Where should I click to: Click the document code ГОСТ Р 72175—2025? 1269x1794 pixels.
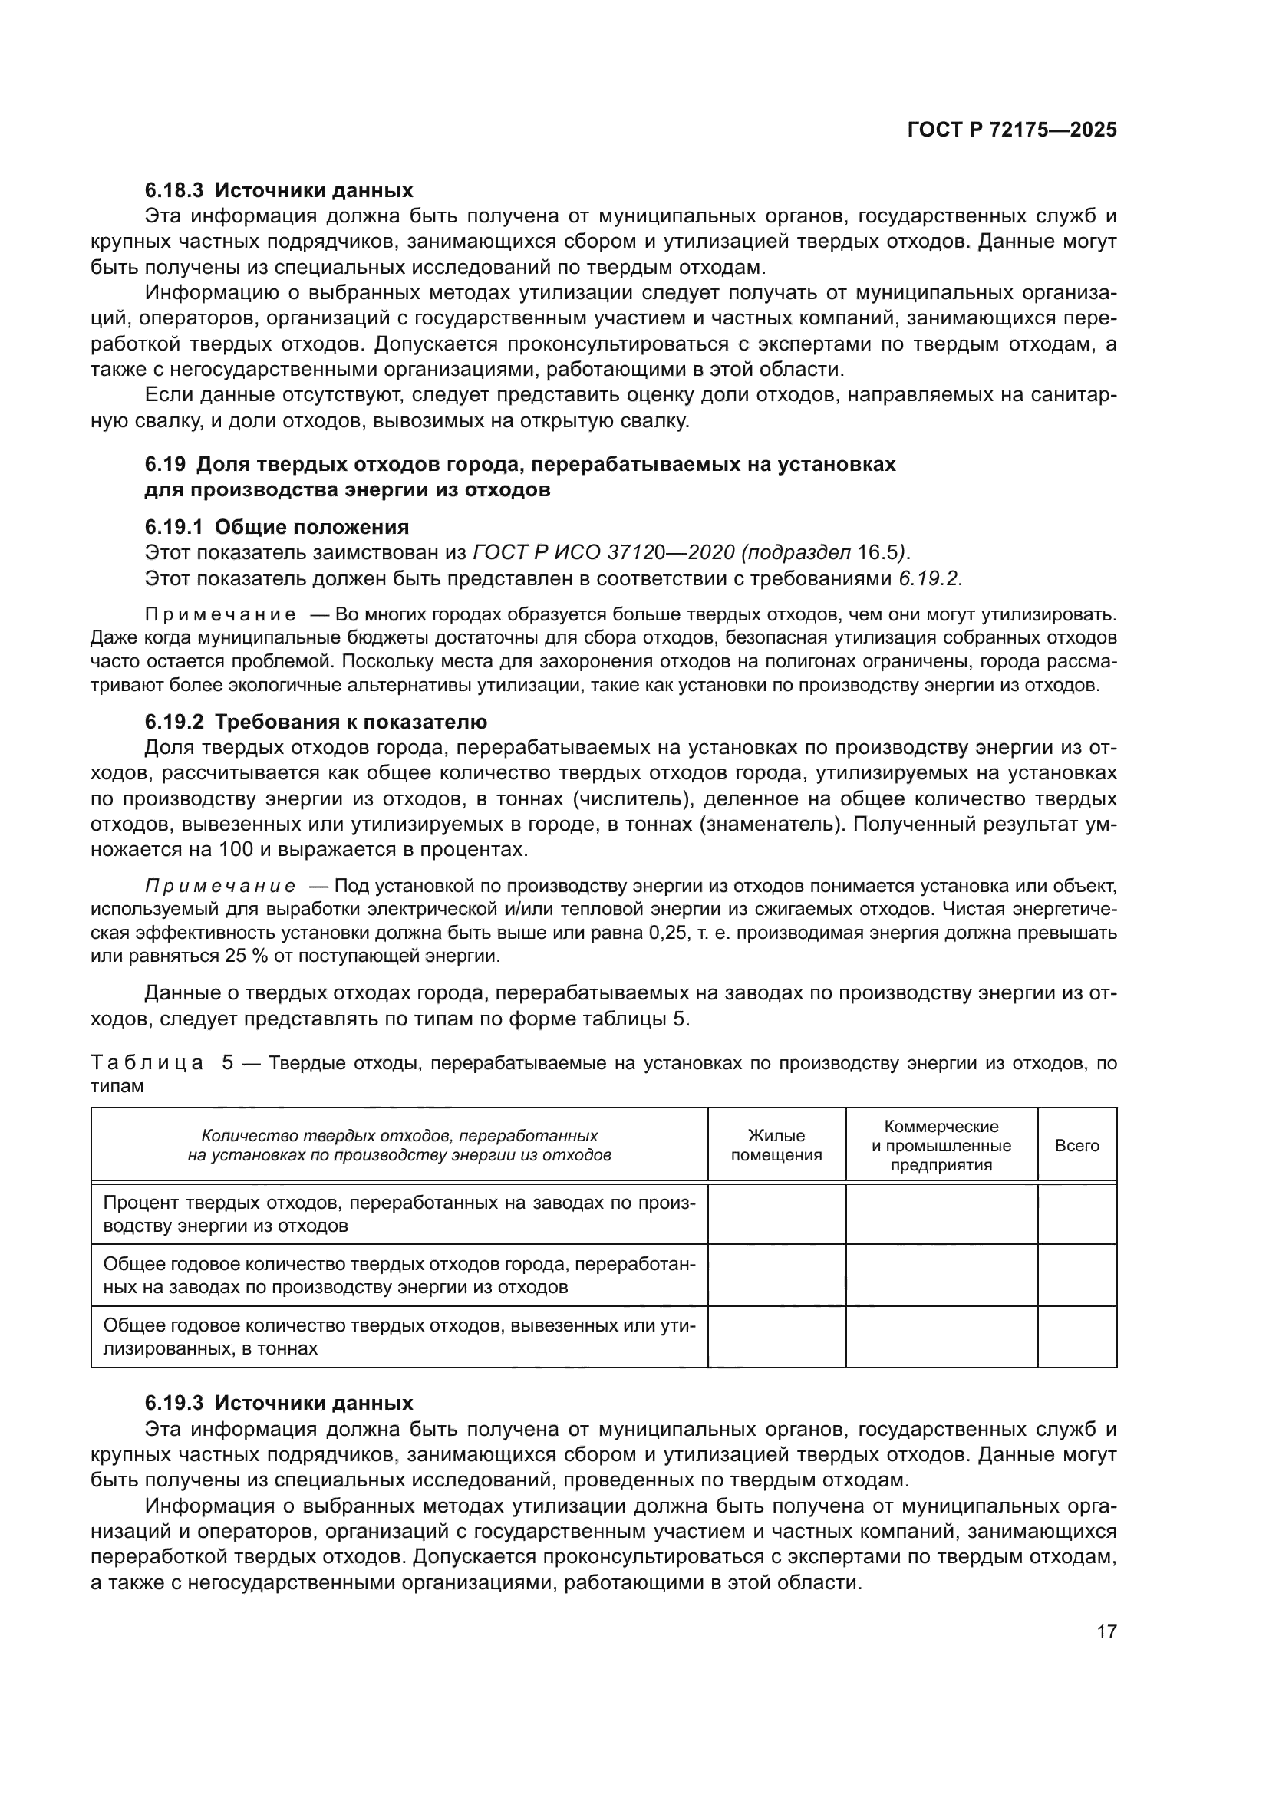click(x=1011, y=130)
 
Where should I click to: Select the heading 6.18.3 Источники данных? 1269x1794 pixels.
click(x=279, y=190)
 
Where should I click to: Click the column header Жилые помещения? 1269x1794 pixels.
click(x=776, y=1145)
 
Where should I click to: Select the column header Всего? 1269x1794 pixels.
click(x=1076, y=1145)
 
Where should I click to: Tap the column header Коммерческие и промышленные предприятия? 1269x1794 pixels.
click(x=941, y=1145)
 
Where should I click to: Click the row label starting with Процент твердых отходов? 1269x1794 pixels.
click(x=398, y=1213)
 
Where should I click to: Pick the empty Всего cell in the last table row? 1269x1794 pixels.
click(x=1076, y=1337)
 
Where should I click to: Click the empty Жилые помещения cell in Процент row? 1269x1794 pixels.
click(x=776, y=1213)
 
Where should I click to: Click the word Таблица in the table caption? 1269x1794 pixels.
click(x=147, y=1063)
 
